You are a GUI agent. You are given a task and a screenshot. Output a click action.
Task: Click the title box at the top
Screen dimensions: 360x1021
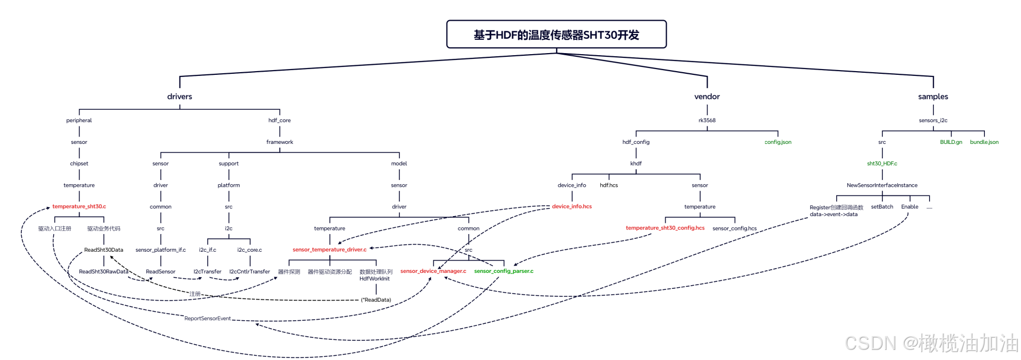click(x=556, y=35)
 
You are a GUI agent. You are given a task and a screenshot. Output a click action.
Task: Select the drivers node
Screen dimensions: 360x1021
click(x=180, y=97)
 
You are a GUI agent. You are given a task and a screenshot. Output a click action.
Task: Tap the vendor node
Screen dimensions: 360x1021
click(x=707, y=97)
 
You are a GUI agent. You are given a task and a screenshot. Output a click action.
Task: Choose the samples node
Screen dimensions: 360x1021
click(x=933, y=97)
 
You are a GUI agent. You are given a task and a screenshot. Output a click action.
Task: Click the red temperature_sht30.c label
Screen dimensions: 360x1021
click(x=79, y=207)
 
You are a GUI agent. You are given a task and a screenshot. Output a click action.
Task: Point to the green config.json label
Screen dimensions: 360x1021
click(x=778, y=142)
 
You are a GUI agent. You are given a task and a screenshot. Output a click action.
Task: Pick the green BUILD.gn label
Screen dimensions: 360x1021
click(x=951, y=142)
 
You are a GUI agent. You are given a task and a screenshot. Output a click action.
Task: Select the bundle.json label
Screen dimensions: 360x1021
click(x=984, y=142)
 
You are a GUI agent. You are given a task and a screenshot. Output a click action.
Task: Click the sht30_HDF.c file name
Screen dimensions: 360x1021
click(x=882, y=164)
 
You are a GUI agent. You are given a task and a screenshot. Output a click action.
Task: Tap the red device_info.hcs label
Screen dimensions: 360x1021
click(x=572, y=207)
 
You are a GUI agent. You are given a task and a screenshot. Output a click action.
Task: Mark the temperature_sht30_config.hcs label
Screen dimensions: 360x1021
click(x=665, y=228)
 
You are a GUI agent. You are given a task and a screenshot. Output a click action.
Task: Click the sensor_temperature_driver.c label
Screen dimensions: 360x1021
click(x=329, y=250)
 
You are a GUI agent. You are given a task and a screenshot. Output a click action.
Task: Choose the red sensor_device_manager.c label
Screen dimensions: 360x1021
click(x=433, y=271)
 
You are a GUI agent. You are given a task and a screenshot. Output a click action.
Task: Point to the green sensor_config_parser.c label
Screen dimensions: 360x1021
click(x=504, y=271)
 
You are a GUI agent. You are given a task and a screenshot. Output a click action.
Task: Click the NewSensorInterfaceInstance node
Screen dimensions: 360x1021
click(x=882, y=185)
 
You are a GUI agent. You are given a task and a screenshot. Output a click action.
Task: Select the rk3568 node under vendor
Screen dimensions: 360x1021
click(x=707, y=121)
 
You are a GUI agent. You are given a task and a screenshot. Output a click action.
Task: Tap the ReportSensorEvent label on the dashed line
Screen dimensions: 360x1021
click(x=207, y=319)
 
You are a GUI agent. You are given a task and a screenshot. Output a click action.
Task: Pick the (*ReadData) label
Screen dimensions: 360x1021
click(x=376, y=300)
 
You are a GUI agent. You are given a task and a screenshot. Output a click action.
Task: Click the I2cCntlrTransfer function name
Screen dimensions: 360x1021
click(x=250, y=272)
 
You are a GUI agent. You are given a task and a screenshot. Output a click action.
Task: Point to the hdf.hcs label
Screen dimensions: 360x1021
click(x=609, y=185)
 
